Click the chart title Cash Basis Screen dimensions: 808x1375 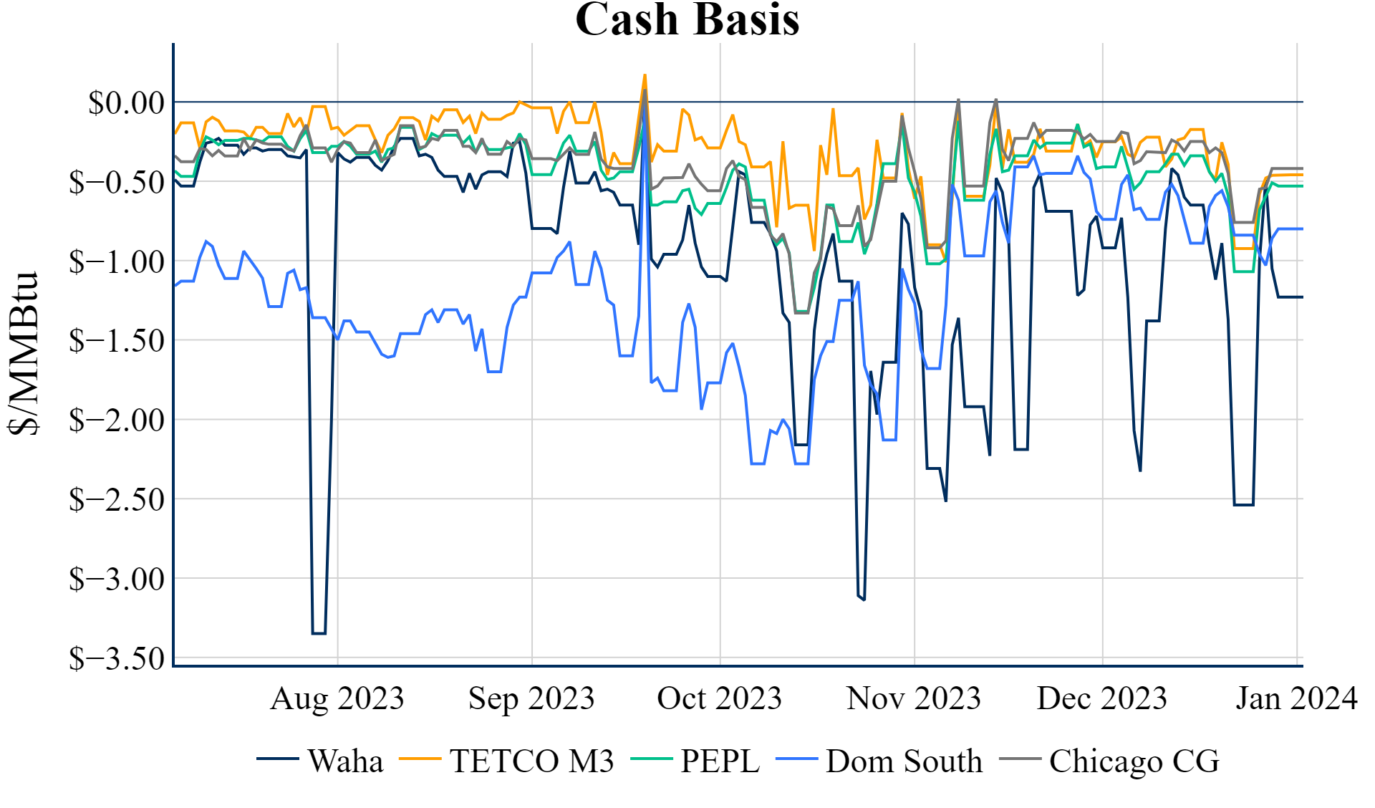click(x=687, y=19)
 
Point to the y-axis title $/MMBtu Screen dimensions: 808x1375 click(x=24, y=353)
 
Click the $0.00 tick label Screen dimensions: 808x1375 click(x=126, y=103)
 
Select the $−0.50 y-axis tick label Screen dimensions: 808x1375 click(x=117, y=183)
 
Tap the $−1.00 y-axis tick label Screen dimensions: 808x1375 click(x=117, y=262)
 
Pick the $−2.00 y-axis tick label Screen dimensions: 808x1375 click(x=117, y=420)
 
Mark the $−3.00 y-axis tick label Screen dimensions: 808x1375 click(x=117, y=579)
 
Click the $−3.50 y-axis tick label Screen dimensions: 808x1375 click(x=117, y=658)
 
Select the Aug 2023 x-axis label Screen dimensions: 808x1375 click(x=337, y=698)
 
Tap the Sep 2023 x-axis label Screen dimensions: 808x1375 click(x=531, y=698)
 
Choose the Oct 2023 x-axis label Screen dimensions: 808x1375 click(x=720, y=698)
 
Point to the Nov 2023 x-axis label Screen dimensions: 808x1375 click(x=914, y=698)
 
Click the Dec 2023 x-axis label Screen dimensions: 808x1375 click(x=1102, y=698)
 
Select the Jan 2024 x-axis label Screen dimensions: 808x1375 click(x=1296, y=698)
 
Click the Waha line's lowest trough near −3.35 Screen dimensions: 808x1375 click(x=319, y=633)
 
